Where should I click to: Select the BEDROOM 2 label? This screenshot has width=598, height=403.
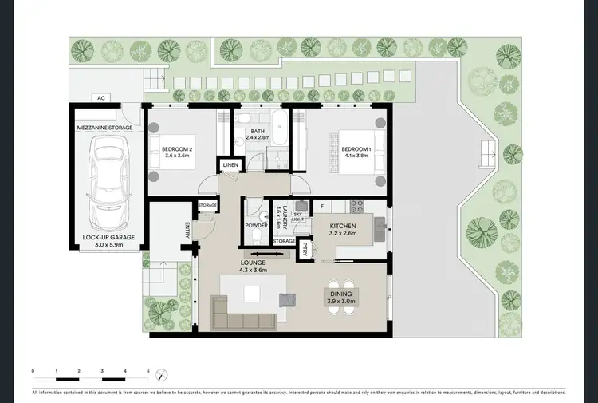(177, 149)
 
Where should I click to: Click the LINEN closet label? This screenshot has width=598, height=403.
(230, 166)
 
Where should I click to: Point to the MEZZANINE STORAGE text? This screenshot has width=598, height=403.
(105, 127)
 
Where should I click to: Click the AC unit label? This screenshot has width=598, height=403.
(101, 98)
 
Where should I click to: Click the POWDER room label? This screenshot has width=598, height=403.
(257, 226)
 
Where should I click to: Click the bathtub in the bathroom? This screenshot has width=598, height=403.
(279, 125)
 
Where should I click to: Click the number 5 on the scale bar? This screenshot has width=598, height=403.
(148, 371)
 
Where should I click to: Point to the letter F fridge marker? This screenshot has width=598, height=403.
(321, 207)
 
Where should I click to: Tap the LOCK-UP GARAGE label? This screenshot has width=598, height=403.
(105, 237)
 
